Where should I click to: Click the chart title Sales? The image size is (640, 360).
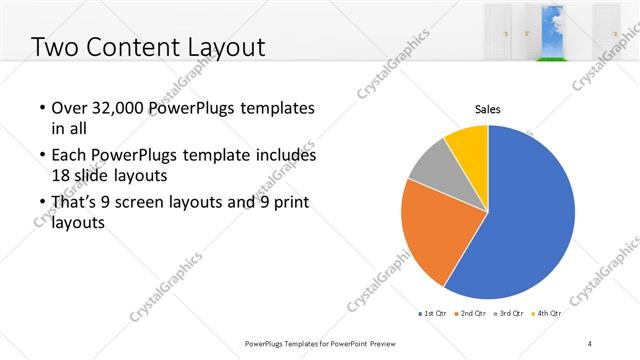click(487, 110)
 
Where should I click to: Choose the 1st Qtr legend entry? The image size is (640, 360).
click(433, 314)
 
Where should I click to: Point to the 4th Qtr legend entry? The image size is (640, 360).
click(547, 314)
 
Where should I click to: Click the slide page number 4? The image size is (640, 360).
click(590, 343)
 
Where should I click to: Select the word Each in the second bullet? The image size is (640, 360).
click(69, 156)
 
